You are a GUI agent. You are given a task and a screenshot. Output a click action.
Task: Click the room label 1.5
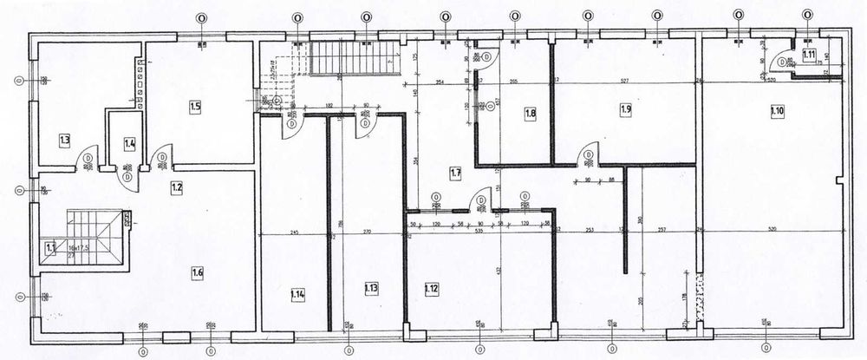[196, 107]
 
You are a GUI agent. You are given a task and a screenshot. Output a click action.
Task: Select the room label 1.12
[431, 288]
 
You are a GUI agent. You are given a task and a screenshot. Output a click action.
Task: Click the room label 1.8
[531, 113]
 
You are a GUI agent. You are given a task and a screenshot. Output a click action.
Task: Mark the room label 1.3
[64, 139]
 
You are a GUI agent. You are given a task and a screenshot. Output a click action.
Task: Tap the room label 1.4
[130, 144]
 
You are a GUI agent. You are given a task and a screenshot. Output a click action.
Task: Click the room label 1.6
[198, 272]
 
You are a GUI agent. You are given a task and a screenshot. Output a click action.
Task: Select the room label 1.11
[809, 55]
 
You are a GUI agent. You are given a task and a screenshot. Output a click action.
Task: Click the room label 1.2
[177, 187]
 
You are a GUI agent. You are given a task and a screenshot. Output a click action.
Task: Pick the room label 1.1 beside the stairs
[50, 247]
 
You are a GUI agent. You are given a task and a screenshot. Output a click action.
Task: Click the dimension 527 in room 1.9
[623, 82]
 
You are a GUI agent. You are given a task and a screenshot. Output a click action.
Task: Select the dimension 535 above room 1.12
[476, 233]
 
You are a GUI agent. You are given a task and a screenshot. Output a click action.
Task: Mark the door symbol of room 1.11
[783, 62]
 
